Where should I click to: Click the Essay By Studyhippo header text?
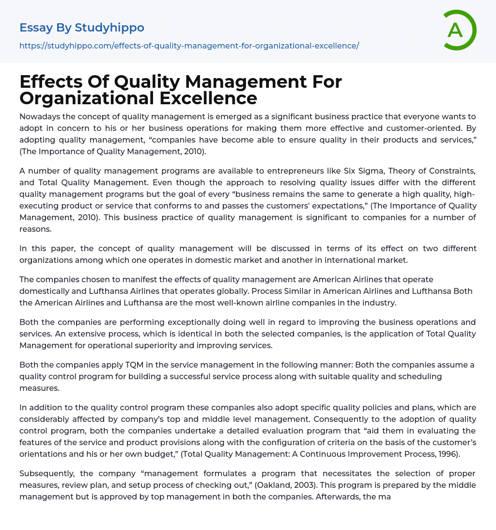[82, 28]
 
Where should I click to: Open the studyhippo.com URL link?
[189, 46]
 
